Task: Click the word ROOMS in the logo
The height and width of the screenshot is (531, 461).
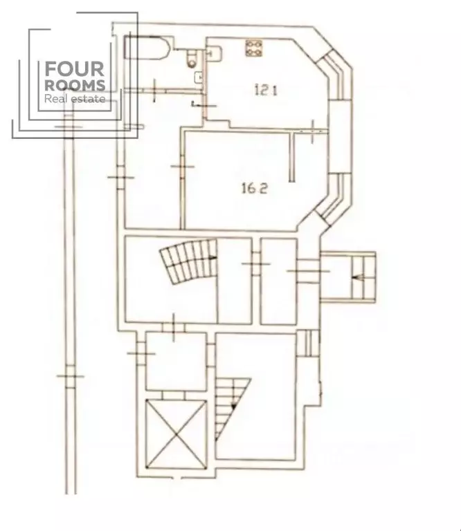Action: click(74, 86)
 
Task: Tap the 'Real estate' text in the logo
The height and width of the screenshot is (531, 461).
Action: click(74, 99)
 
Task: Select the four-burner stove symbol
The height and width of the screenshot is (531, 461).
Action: click(254, 48)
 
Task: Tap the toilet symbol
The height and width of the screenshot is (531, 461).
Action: click(192, 59)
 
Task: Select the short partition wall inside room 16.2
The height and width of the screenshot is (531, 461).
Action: click(293, 157)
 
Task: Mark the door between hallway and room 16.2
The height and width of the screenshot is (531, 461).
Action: click(182, 167)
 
